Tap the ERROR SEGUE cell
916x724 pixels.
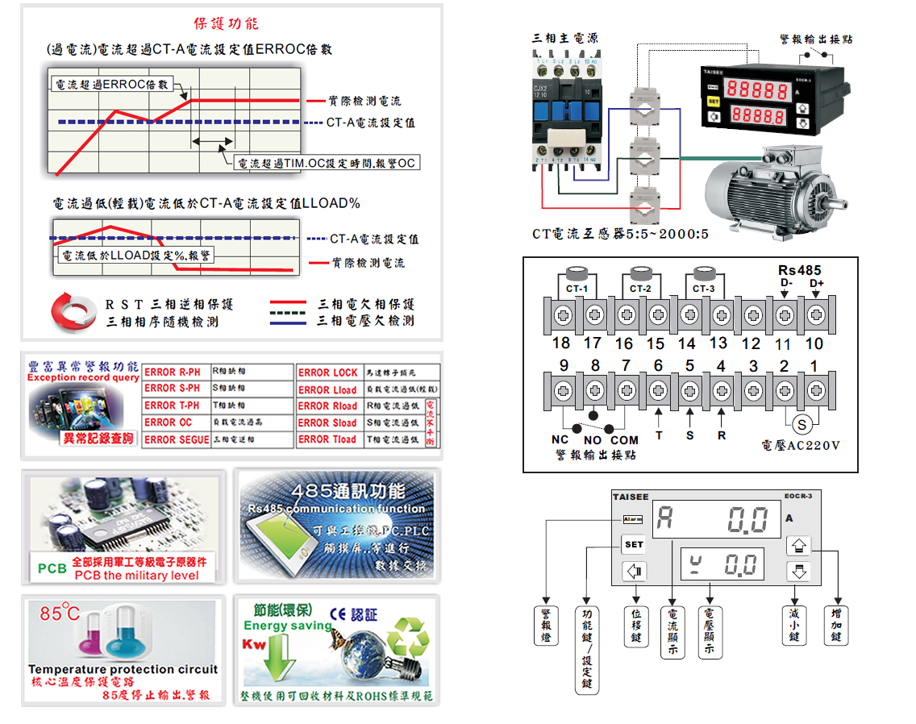[x=177, y=439]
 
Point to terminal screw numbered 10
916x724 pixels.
[x=815, y=314]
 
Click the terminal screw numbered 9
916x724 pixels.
[x=563, y=390]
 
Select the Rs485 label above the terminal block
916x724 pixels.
[x=799, y=270]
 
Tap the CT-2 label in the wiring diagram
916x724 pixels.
[x=641, y=288]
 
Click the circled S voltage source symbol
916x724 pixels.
[x=801, y=423]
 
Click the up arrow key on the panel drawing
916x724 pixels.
[x=798, y=545]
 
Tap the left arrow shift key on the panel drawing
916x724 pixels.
[x=635, y=572]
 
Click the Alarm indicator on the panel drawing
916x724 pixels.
[x=632, y=519]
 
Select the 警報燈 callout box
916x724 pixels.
[x=546, y=625]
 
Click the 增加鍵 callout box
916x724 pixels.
[x=836, y=625]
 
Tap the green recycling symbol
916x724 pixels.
[x=410, y=637]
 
